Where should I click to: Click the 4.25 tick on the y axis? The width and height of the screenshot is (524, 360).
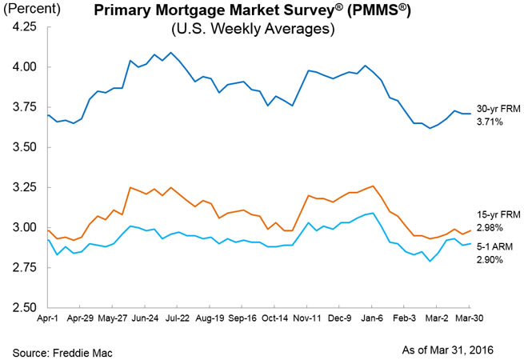[24, 26]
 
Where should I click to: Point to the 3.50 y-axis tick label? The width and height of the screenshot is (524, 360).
[24, 147]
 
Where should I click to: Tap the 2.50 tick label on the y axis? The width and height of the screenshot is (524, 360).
[24, 307]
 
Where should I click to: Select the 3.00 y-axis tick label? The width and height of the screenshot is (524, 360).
[24, 227]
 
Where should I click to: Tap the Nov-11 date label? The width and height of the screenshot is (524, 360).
[309, 318]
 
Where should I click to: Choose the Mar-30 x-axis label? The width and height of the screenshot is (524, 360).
[467, 318]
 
